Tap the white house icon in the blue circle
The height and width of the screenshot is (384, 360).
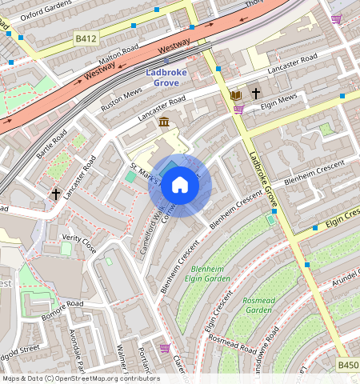180,186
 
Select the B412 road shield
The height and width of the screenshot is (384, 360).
86,37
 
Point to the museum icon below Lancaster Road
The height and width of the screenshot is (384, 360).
164,122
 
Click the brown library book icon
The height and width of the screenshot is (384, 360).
236,94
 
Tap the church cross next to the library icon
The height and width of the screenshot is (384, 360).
256,94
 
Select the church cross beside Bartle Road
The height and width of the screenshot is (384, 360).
56,194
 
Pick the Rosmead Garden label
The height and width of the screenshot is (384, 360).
258,305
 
